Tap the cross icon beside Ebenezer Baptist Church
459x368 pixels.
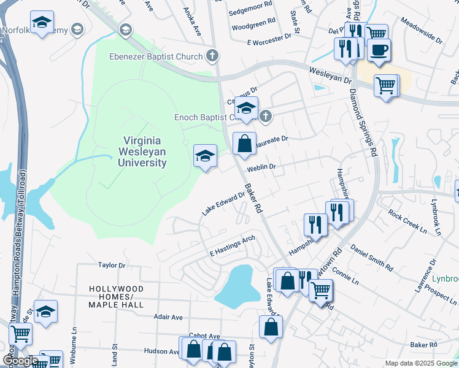point(212,57)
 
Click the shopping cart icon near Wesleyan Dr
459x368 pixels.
point(386,85)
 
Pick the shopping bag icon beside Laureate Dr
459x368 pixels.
point(244,144)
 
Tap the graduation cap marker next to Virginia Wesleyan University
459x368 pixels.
point(206,156)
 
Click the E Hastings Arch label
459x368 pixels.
point(232,246)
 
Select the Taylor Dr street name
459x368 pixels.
point(112,266)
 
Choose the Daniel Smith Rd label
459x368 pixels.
point(371,257)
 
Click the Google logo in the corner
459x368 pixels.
point(20,361)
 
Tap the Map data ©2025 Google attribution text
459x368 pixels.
point(420,363)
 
